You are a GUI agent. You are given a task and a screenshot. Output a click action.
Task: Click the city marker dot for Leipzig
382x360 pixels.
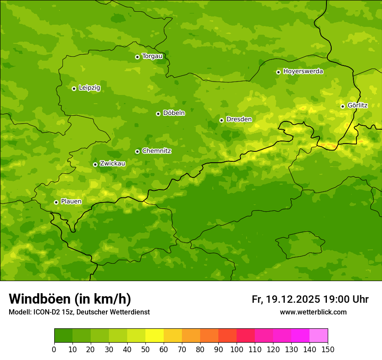coord(74,88)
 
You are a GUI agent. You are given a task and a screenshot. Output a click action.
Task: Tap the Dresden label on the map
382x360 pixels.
coord(239,119)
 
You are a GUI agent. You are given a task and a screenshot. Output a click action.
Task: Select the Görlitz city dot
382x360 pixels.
coord(342,106)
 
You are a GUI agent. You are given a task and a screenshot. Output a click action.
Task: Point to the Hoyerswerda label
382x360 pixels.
coord(303,72)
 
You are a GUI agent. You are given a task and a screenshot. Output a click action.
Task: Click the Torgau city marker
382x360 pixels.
coord(137,57)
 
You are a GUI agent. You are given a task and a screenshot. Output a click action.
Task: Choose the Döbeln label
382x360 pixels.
coord(174,113)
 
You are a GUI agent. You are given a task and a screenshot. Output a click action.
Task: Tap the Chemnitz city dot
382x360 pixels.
coord(137,151)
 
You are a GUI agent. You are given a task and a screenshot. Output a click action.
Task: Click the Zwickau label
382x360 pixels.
coord(112,164)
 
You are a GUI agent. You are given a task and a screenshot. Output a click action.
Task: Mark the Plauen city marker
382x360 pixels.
coord(56,202)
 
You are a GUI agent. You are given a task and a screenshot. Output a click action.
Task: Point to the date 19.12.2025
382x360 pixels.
coord(293,299)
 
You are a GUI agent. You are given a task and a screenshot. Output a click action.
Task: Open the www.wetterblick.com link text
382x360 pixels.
coord(313,312)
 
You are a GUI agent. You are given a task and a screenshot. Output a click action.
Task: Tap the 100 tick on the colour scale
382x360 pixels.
coord(237,349)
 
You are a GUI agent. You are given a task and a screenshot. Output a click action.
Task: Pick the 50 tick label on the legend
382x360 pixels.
coord(145,349)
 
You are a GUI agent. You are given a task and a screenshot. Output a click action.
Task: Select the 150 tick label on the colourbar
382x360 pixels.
coord(328,349)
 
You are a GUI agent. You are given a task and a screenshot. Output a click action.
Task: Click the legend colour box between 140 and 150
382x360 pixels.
coord(319,335)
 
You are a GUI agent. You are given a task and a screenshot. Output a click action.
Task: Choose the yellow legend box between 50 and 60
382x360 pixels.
coord(155,335)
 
